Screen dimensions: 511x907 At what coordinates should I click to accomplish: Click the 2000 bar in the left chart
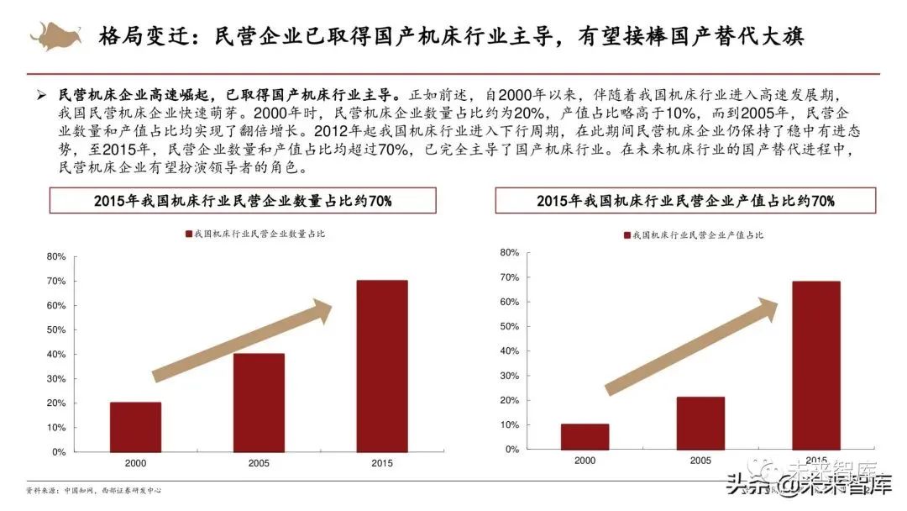[135, 427]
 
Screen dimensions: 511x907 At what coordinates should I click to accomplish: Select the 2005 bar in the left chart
[259, 403]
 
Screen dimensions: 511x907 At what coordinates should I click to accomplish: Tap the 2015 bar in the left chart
[382, 366]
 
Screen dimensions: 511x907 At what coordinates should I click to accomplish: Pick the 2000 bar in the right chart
[585, 436]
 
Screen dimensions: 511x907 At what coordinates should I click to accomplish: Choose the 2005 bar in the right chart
[700, 423]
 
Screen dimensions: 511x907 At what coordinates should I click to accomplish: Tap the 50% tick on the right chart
[510, 326]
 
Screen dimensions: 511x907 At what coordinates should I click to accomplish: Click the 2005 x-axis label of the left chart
[259, 463]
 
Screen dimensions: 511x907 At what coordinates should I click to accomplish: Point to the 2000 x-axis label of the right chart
[585, 461]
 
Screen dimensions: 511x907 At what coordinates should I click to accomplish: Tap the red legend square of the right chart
[627, 234]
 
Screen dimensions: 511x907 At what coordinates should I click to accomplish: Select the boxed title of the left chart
[244, 201]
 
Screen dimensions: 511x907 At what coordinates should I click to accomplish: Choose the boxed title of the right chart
[685, 201]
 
